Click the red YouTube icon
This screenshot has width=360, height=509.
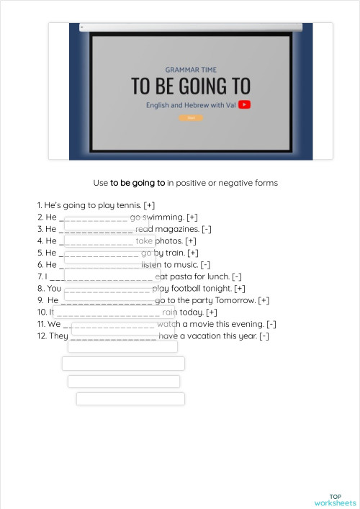(245, 104)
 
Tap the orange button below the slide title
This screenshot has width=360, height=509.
(191, 117)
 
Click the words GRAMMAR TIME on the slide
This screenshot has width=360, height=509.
(190, 70)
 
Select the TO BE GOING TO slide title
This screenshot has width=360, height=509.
(190, 86)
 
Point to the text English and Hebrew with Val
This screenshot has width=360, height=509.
(191, 105)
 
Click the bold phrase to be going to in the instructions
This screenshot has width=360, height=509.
(138, 183)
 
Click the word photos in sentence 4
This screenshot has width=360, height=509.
(168, 241)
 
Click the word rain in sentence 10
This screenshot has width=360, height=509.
(169, 312)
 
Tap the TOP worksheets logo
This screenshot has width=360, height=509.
(335, 500)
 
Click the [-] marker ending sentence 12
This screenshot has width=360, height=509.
(264, 336)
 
